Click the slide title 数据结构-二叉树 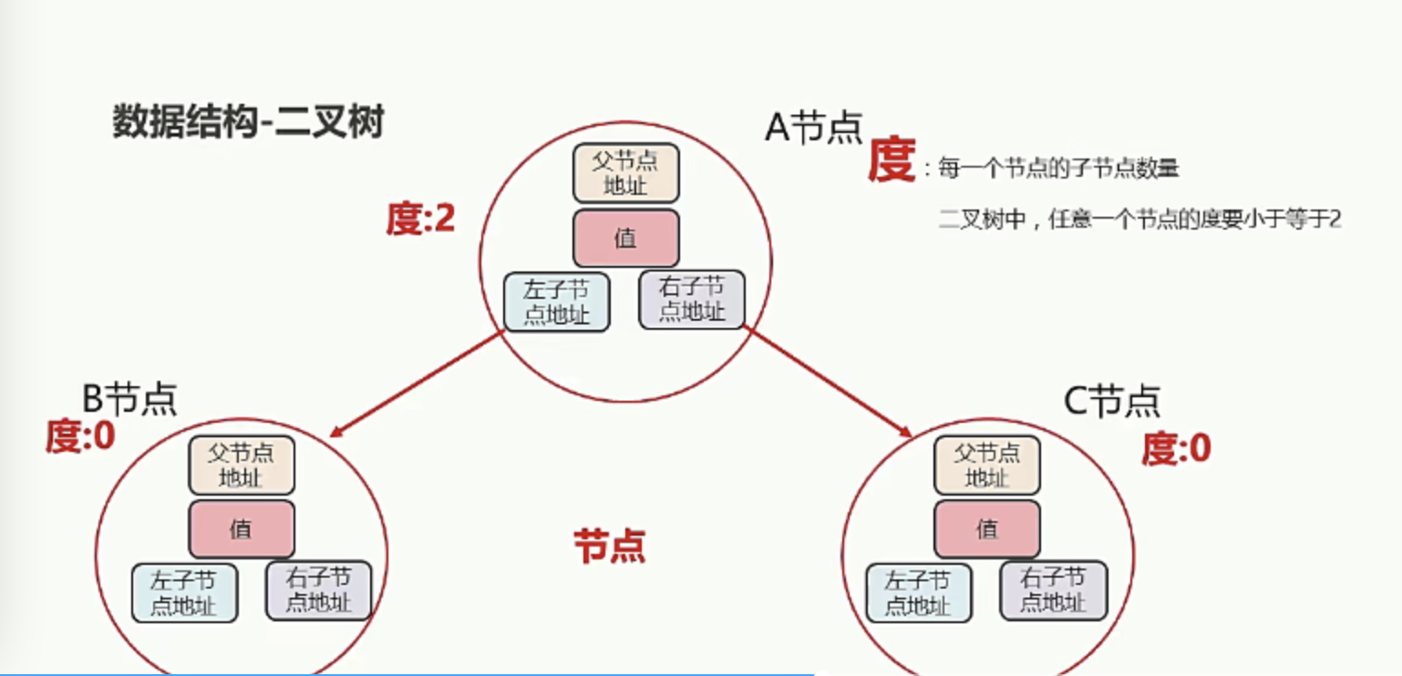coord(248,120)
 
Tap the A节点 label coord(814,128)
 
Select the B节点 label coord(129,398)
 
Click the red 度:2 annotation coord(420,219)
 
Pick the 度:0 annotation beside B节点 coord(80,435)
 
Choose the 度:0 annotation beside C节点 coord(1176,447)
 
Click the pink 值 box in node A coord(626,239)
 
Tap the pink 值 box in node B coord(242,529)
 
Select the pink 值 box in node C coord(987,529)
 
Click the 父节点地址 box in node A coord(626,173)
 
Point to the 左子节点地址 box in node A coord(556,302)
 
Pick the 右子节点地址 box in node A coord(692,300)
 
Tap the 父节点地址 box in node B coord(242,466)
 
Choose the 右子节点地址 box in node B coord(318,590)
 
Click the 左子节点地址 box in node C coord(919,593)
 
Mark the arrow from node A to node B coord(417,384)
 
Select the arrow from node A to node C coord(828,382)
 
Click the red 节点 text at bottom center coord(610,546)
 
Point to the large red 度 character coord(892,159)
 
